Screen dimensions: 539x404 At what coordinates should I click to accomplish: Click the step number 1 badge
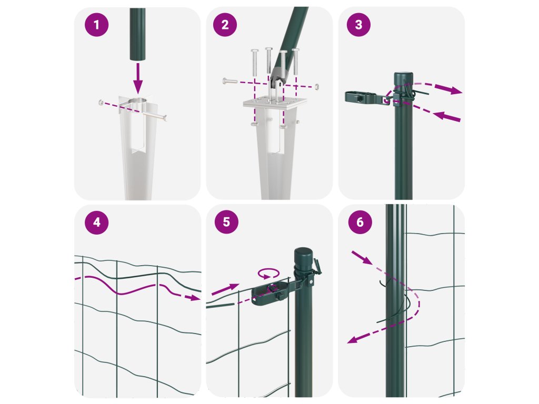tap(97, 25)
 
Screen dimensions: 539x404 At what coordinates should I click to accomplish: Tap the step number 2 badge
tap(225, 25)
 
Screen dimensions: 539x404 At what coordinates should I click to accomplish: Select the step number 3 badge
tap(358, 24)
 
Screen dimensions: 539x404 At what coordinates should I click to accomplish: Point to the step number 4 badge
tap(97, 223)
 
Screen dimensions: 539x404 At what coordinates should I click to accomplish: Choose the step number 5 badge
tap(226, 222)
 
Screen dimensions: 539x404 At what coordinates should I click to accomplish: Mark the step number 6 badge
tap(360, 222)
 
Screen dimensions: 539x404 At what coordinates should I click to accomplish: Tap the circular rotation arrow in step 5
tap(269, 274)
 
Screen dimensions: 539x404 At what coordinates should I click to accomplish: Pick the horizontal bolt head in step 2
tap(225, 82)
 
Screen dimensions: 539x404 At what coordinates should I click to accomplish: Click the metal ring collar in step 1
tap(138, 103)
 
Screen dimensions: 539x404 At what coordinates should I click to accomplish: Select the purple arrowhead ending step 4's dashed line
tap(195, 298)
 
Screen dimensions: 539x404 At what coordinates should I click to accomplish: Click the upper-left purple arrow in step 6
tap(362, 258)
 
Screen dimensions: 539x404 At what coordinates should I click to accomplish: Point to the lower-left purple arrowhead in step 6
tap(352, 340)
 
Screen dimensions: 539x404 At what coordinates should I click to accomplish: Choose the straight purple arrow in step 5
tap(225, 289)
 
